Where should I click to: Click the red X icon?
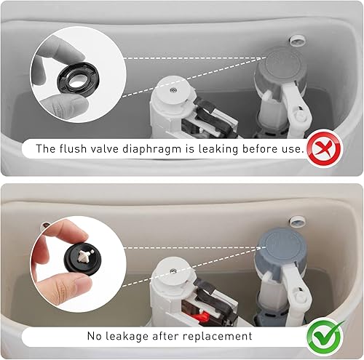(x=325, y=148)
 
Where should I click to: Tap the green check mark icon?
(x=325, y=337)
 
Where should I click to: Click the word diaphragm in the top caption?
(x=151, y=149)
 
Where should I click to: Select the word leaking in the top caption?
(x=218, y=149)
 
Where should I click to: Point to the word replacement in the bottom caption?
(x=218, y=337)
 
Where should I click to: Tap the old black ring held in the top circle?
(x=79, y=78)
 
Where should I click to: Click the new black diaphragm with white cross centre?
(x=83, y=260)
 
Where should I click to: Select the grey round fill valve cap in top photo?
(x=282, y=60)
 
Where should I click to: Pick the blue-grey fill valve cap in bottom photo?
(x=283, y=243)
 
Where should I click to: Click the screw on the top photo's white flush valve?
(x=173, y=90)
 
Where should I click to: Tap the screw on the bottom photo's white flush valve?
(x=173, y=271)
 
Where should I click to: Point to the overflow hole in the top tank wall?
(x=297, y=41)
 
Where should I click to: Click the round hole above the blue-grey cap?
(x=298, y=222)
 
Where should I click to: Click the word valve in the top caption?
(x=104, y=148)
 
